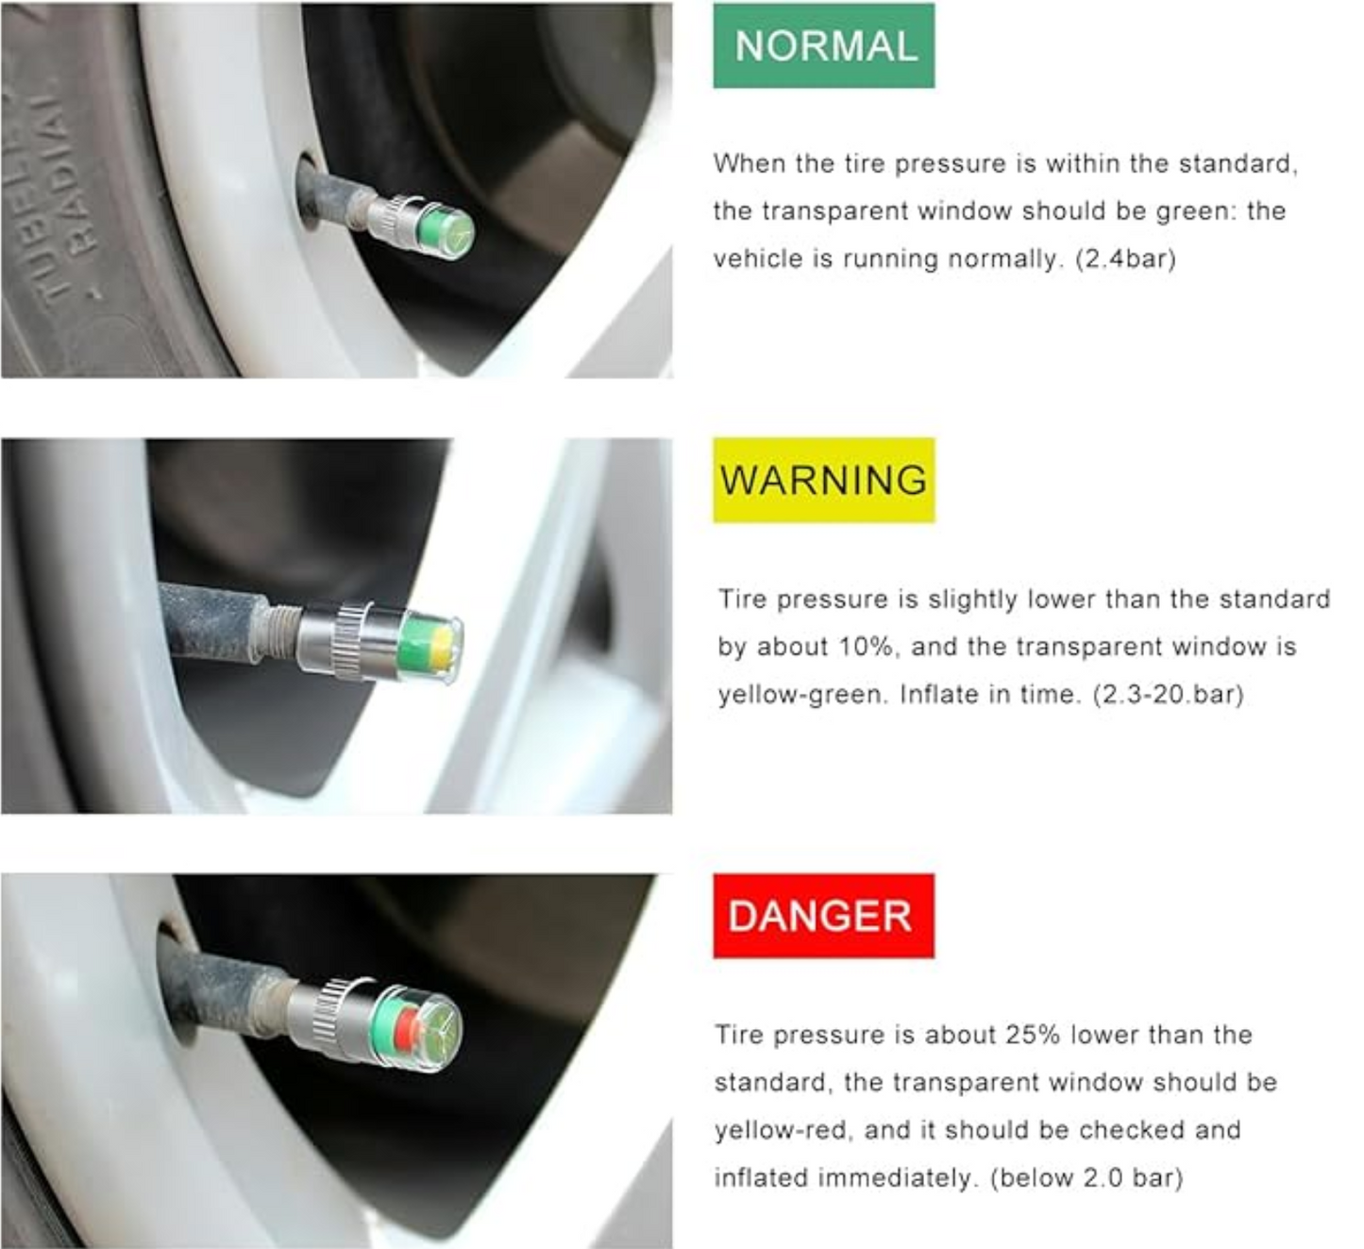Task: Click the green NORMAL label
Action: click(x=823, y=45)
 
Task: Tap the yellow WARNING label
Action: click(x=823, y=480)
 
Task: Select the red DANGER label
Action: click(x=823, y=916)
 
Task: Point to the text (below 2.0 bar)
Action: click(x=1086, y=1178)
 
